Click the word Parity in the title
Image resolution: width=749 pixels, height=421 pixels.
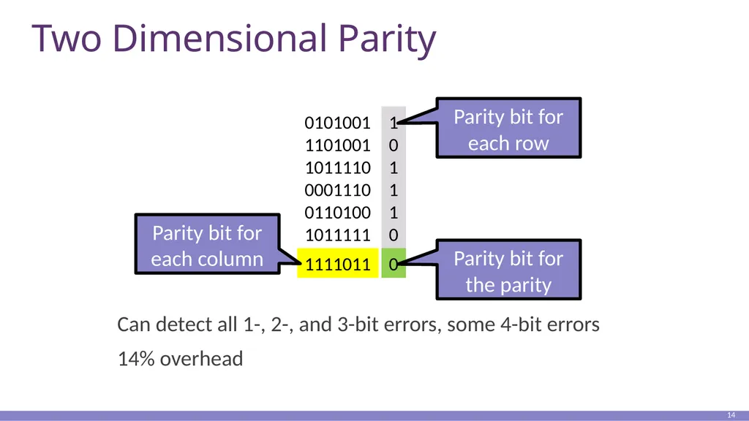(387, 39)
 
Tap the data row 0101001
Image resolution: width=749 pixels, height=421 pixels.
(337, 123)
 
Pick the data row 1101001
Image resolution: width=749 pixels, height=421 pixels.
(337, 145)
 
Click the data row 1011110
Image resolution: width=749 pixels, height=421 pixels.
(337, 167)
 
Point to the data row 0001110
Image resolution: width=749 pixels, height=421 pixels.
(337, 190)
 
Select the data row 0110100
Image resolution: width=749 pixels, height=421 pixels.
(337, 213)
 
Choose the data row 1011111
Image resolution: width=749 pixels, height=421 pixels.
(337, 235)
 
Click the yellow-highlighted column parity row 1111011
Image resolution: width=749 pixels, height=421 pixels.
(338, 263)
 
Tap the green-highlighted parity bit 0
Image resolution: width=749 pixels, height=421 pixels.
(394, 263)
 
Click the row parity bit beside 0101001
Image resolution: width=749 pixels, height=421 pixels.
(394, 123)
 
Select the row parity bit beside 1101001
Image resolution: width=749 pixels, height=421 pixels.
(394, 145)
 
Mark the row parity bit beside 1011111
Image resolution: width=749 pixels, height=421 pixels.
(394, 235)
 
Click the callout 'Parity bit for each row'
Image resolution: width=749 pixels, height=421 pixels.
(508, 128)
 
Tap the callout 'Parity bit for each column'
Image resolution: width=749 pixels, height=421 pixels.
(207, 244)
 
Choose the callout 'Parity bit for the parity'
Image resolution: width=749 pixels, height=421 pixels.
(508, 270)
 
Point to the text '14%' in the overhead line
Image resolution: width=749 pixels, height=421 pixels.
(136, 358)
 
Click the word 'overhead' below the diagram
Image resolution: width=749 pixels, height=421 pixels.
(202, 358)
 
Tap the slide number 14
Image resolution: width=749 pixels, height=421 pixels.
(731, 415)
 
